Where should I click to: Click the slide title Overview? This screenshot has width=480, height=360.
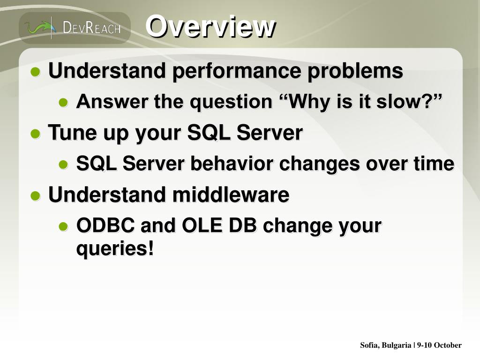pyautogui.click(x=210, y=26)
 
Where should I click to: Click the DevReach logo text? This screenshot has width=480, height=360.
pyautogui.click(x=91, y=28)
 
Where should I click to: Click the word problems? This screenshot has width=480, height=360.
pyautogui.click(x=355, y=71)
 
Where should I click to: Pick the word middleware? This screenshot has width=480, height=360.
pyautogui.click(x=231, y=195)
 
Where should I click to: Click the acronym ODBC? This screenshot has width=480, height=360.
pyautogui.click(x=105, y=225)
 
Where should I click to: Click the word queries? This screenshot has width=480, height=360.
pyautogui.click(x=115, y=248)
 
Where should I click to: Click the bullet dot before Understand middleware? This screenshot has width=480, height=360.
pyautogui.click(x=36, y=195)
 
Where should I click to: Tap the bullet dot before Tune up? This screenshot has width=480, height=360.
pyautogui.click(x=36, y=134)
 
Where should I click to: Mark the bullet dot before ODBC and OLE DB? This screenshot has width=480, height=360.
pyautogui.click(x=63, y=226)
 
